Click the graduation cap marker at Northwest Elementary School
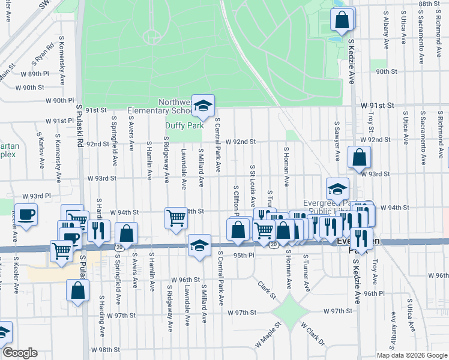[x=203, y=106]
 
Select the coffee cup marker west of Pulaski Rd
[x=26, y=215]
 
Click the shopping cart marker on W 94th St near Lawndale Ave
[x=176, y=217]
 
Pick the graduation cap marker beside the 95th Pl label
[x=199, y=245]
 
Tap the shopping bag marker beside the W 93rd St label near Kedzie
[x=358, y=158]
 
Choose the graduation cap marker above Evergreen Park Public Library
[x=338, y=188]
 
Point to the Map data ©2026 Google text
[x=411, y=355]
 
